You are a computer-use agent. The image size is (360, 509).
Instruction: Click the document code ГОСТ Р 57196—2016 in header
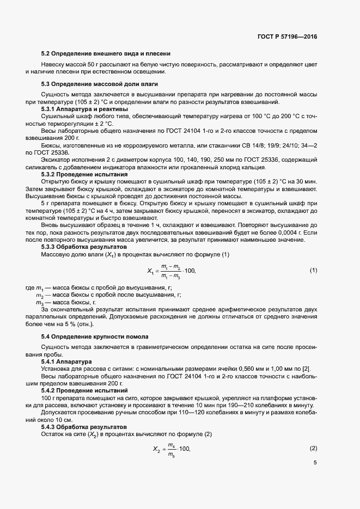pyautogui.click(x=286, y=37)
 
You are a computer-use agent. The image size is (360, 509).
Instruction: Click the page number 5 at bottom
pyautogui.click(x=315, y=463)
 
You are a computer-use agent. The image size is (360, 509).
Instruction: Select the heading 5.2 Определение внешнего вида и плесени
pyautogui.click(x=106, y=54)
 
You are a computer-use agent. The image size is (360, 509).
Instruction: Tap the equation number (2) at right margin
pyautogui.click(x=313, y=448)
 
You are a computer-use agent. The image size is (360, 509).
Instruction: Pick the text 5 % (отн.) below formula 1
pyautogui.click(x=64, y=324)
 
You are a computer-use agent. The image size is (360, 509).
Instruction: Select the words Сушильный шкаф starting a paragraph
pyautogui.click(x=64, y=116)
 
